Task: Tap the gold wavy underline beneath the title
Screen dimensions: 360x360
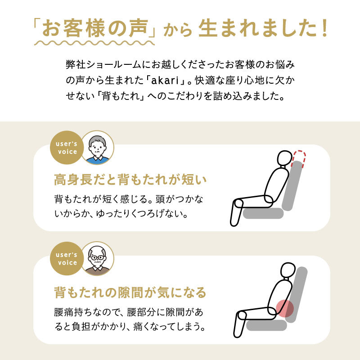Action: coord(94,44)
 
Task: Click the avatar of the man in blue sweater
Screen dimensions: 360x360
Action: coord(97,147)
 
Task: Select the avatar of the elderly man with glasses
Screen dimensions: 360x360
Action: coord(97,258)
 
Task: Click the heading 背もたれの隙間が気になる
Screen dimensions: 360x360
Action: coord(130,292)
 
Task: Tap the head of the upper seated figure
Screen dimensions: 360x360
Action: coord(285,159)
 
